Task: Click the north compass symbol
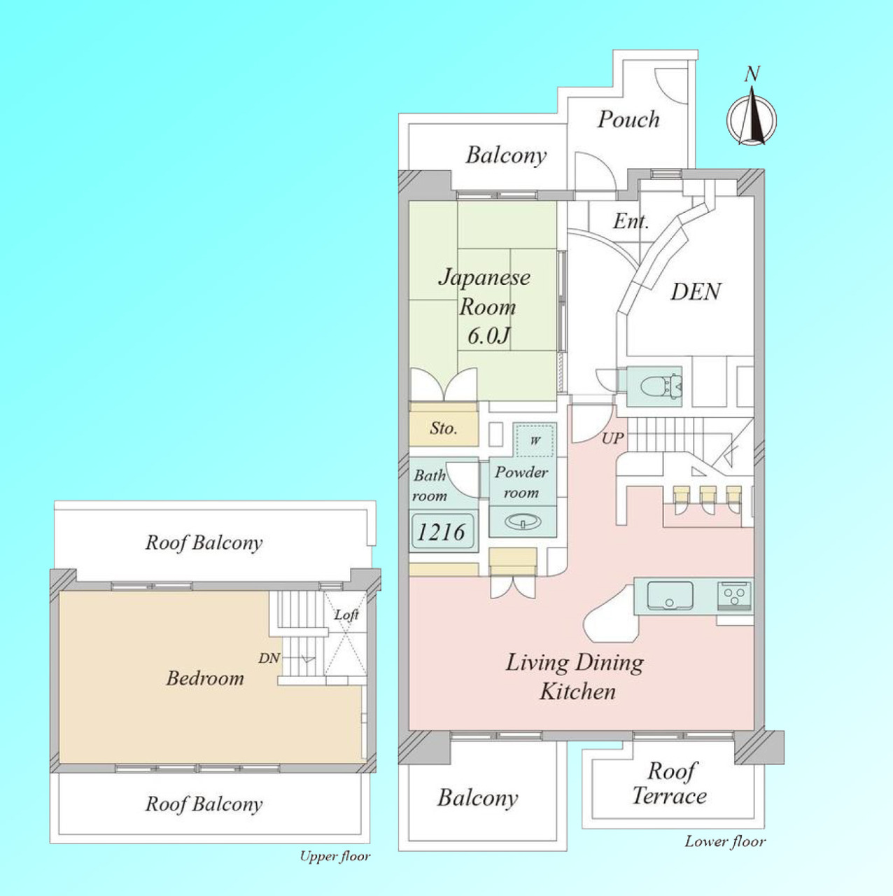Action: tap(751, 116)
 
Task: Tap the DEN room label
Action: tap(696, 292)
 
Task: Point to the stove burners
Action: tap(735, 596)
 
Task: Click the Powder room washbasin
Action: tap(523, 521)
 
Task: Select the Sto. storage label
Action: tap(444, 428)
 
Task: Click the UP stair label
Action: tap(612, 438)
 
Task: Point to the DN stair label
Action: tap(269, 658)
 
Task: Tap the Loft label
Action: tap(346, 615)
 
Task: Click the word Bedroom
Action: tap(205, 678)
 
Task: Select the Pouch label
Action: tap(628, 120)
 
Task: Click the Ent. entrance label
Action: tap(631, 221)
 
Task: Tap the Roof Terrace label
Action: tap(670, 783)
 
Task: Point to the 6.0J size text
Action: tap(488, 335)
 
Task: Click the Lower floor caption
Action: tap(725, 841)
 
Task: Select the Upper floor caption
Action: tap(335, 856)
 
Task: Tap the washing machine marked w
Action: tap(535, 440)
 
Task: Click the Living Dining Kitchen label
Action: tap(575, 677)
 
